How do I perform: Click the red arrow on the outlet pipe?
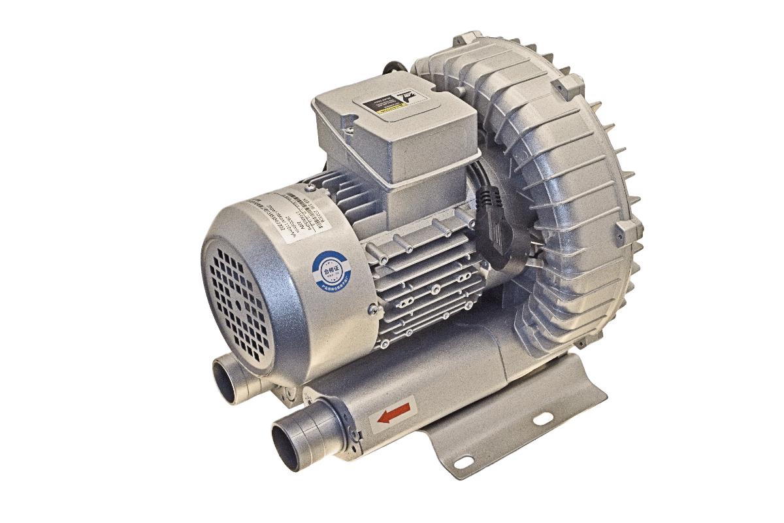pos(394,413)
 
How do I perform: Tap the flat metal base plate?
pos(510,425)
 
